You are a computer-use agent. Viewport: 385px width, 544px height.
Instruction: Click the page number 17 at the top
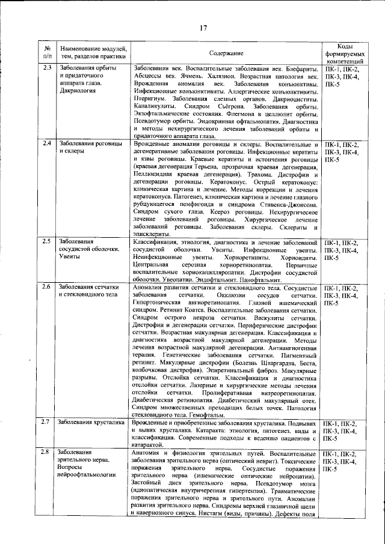tap(204, 26)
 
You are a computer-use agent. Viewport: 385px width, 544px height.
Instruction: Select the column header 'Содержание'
tap(227, 53)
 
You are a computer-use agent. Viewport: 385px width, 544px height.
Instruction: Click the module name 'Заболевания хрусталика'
tap(87, 423)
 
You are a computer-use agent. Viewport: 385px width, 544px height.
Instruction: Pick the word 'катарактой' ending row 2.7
tap(147, 446)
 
